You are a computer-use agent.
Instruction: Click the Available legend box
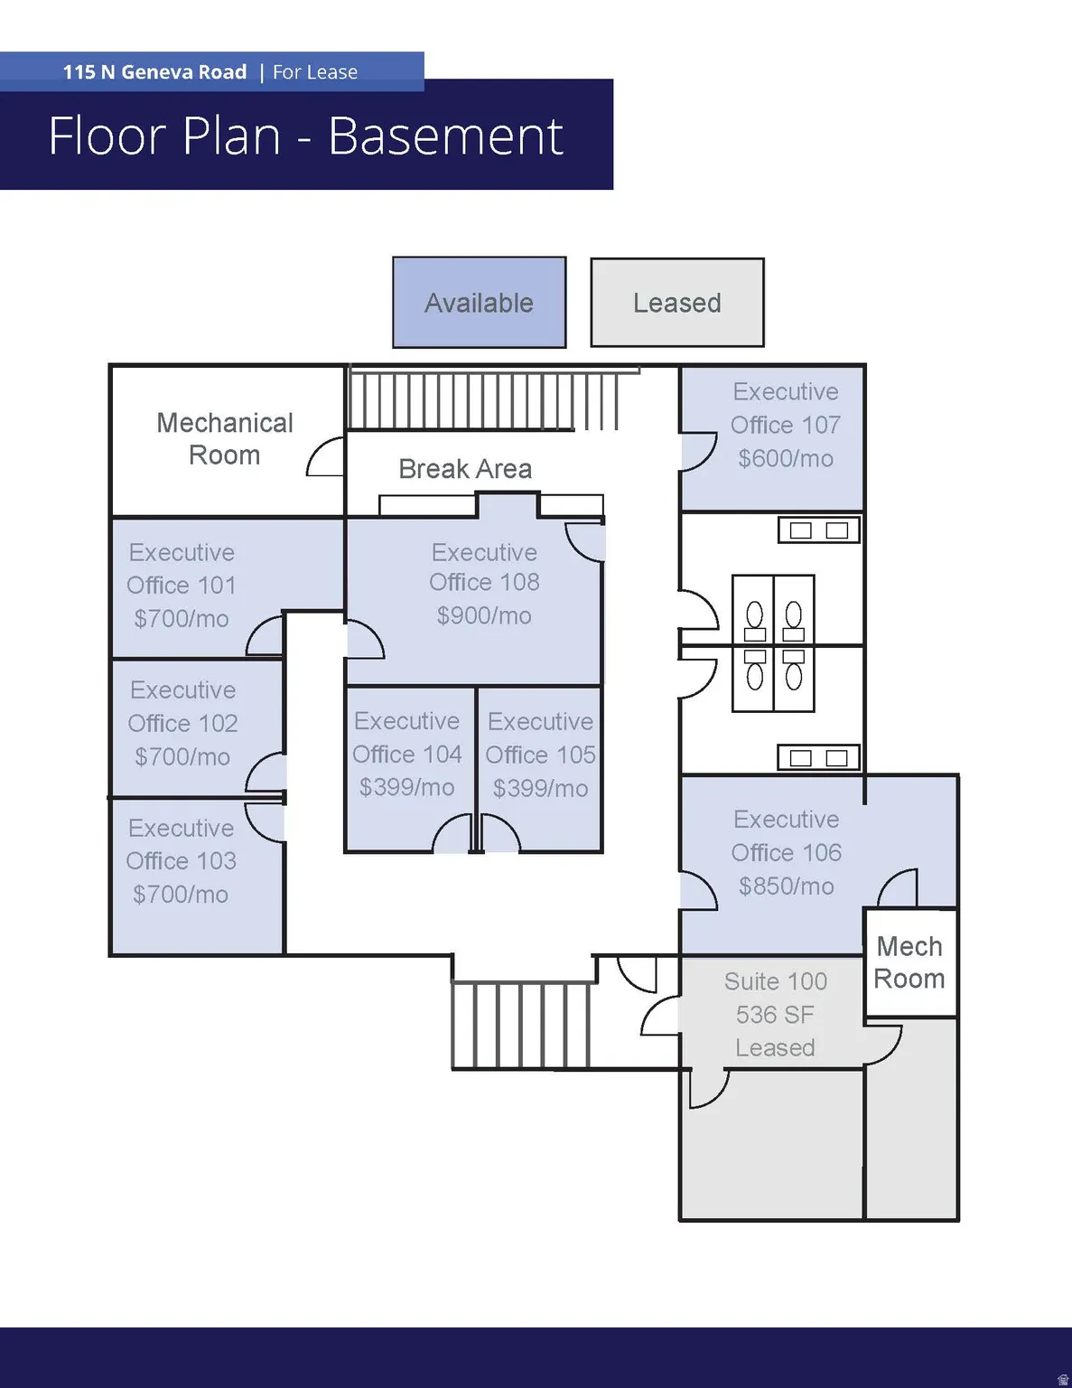(x=479, y=303)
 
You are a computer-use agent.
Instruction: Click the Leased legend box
(x=676, y=303)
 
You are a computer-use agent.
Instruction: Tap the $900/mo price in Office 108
(x=484, y=616)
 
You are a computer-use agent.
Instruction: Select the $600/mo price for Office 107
(x=785, y=459)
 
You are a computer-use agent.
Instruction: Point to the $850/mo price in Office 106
(x=786, y=886)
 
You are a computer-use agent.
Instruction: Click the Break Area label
(x=465, y=469)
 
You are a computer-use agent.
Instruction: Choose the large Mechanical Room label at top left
(x=225, y=439)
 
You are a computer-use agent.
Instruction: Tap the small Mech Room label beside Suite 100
(x=909, y=962)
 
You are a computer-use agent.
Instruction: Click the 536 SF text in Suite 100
(x=775, y=1015)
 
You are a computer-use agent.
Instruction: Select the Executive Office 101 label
(x=182, y=568)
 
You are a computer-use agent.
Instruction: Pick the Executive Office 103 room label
(x=182, y=844)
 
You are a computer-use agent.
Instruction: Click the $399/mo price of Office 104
(x=406, y=788)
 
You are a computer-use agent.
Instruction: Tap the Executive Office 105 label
(x=540, y=738)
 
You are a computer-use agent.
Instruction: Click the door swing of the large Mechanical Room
(x=326, y=457)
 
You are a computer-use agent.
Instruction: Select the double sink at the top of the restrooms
(x=818, y=530)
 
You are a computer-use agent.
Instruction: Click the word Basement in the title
(x=445, y=136)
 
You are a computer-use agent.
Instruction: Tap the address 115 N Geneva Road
(x=154, y=72)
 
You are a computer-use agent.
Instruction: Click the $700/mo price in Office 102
(x=182, y=757)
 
